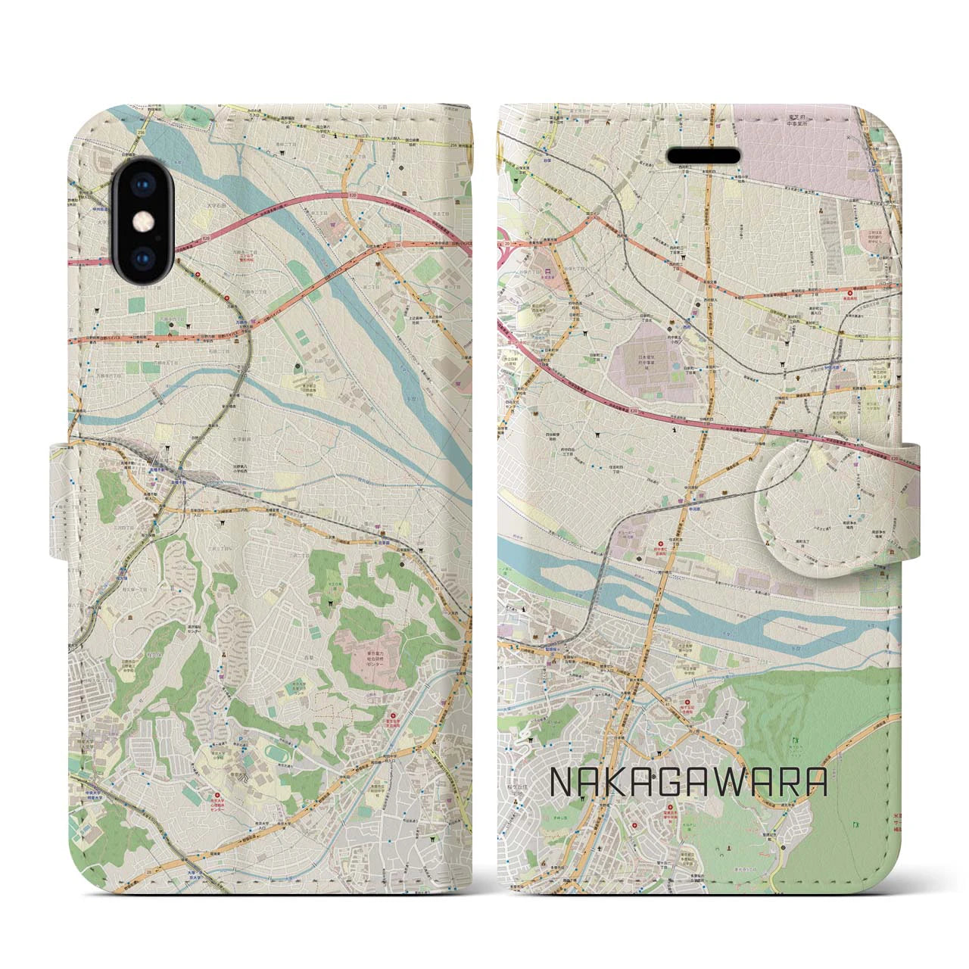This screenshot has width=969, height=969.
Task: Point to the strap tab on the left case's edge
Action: (61, 503)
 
